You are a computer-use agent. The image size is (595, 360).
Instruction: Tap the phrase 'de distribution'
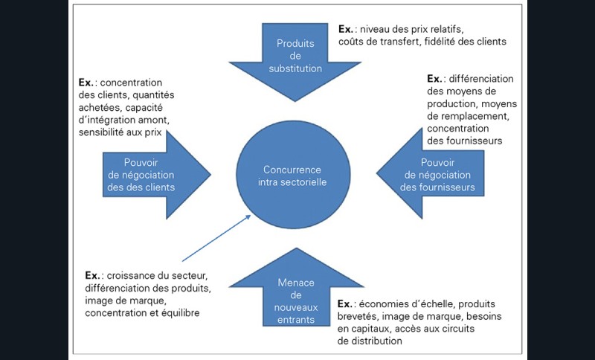point(370,341)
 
